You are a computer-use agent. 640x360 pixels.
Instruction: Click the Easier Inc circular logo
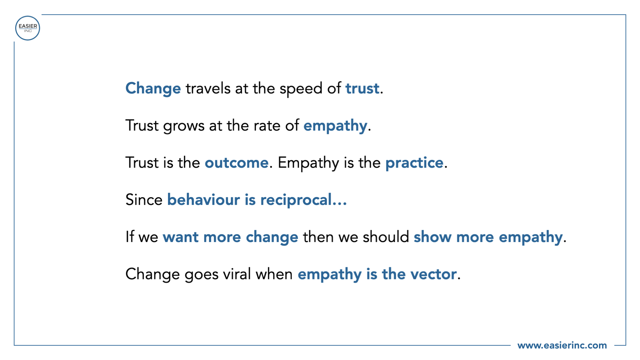(x=28, y=28)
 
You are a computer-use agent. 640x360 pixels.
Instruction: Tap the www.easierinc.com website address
(x=562, y=345)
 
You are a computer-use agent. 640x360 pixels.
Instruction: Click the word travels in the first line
(x=208, y=89)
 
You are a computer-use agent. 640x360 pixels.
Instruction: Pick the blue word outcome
(x=237, y=163)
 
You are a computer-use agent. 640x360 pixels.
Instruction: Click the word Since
(x=144, y=200)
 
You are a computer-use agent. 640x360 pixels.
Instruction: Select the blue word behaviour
(x=204, y=200)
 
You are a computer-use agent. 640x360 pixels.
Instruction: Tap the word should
(x=386, y=237)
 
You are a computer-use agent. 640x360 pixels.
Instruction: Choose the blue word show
(x=433, y=237)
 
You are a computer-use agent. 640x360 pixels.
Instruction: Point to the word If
(x=130, y=237)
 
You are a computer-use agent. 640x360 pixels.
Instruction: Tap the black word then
(x=318, y=237)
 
